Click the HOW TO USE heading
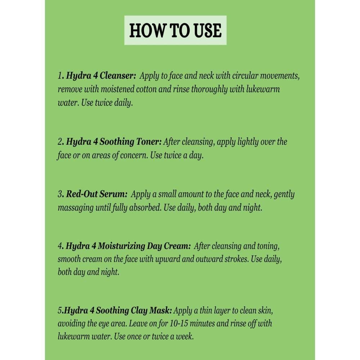(x=175, y=30)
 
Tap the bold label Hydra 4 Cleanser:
(x=101, y=76)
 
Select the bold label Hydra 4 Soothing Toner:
(x=114, y=141)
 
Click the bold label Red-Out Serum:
(x=96, y=194)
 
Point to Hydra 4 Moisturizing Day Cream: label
(x=128, y=246)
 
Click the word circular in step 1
(x=245, y=76)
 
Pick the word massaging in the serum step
(x=76, y=208)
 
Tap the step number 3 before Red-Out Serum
(x=60, y=194)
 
